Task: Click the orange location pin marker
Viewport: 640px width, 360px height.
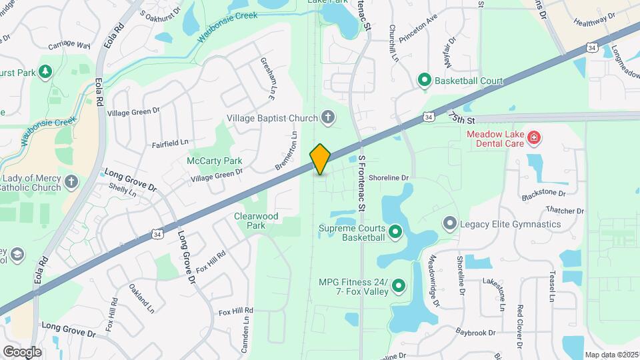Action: click(x=320, y=159)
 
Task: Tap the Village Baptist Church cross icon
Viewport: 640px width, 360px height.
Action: click(x=327, y=118)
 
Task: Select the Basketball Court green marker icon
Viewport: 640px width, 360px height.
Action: click(x=424, y=81)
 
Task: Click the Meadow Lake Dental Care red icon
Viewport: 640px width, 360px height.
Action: click(x=533, y=139)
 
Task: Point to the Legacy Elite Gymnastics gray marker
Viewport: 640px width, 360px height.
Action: click(x=450, y=224)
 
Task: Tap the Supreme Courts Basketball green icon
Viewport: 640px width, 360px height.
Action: click(x=395, y=232)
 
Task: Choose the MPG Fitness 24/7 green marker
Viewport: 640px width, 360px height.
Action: click(x=399, y=287)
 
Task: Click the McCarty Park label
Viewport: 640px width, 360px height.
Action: click(x=214, y=161)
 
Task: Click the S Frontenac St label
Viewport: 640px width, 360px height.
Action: click(x=362, y=183)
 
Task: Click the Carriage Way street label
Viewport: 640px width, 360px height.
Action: click(x=69, y=46)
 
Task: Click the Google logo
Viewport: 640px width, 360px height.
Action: click(x=22, y=351)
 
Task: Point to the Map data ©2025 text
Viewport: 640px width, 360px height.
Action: click(x=610, y=354)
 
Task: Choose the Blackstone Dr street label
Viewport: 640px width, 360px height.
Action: click(x=543, y=193)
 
